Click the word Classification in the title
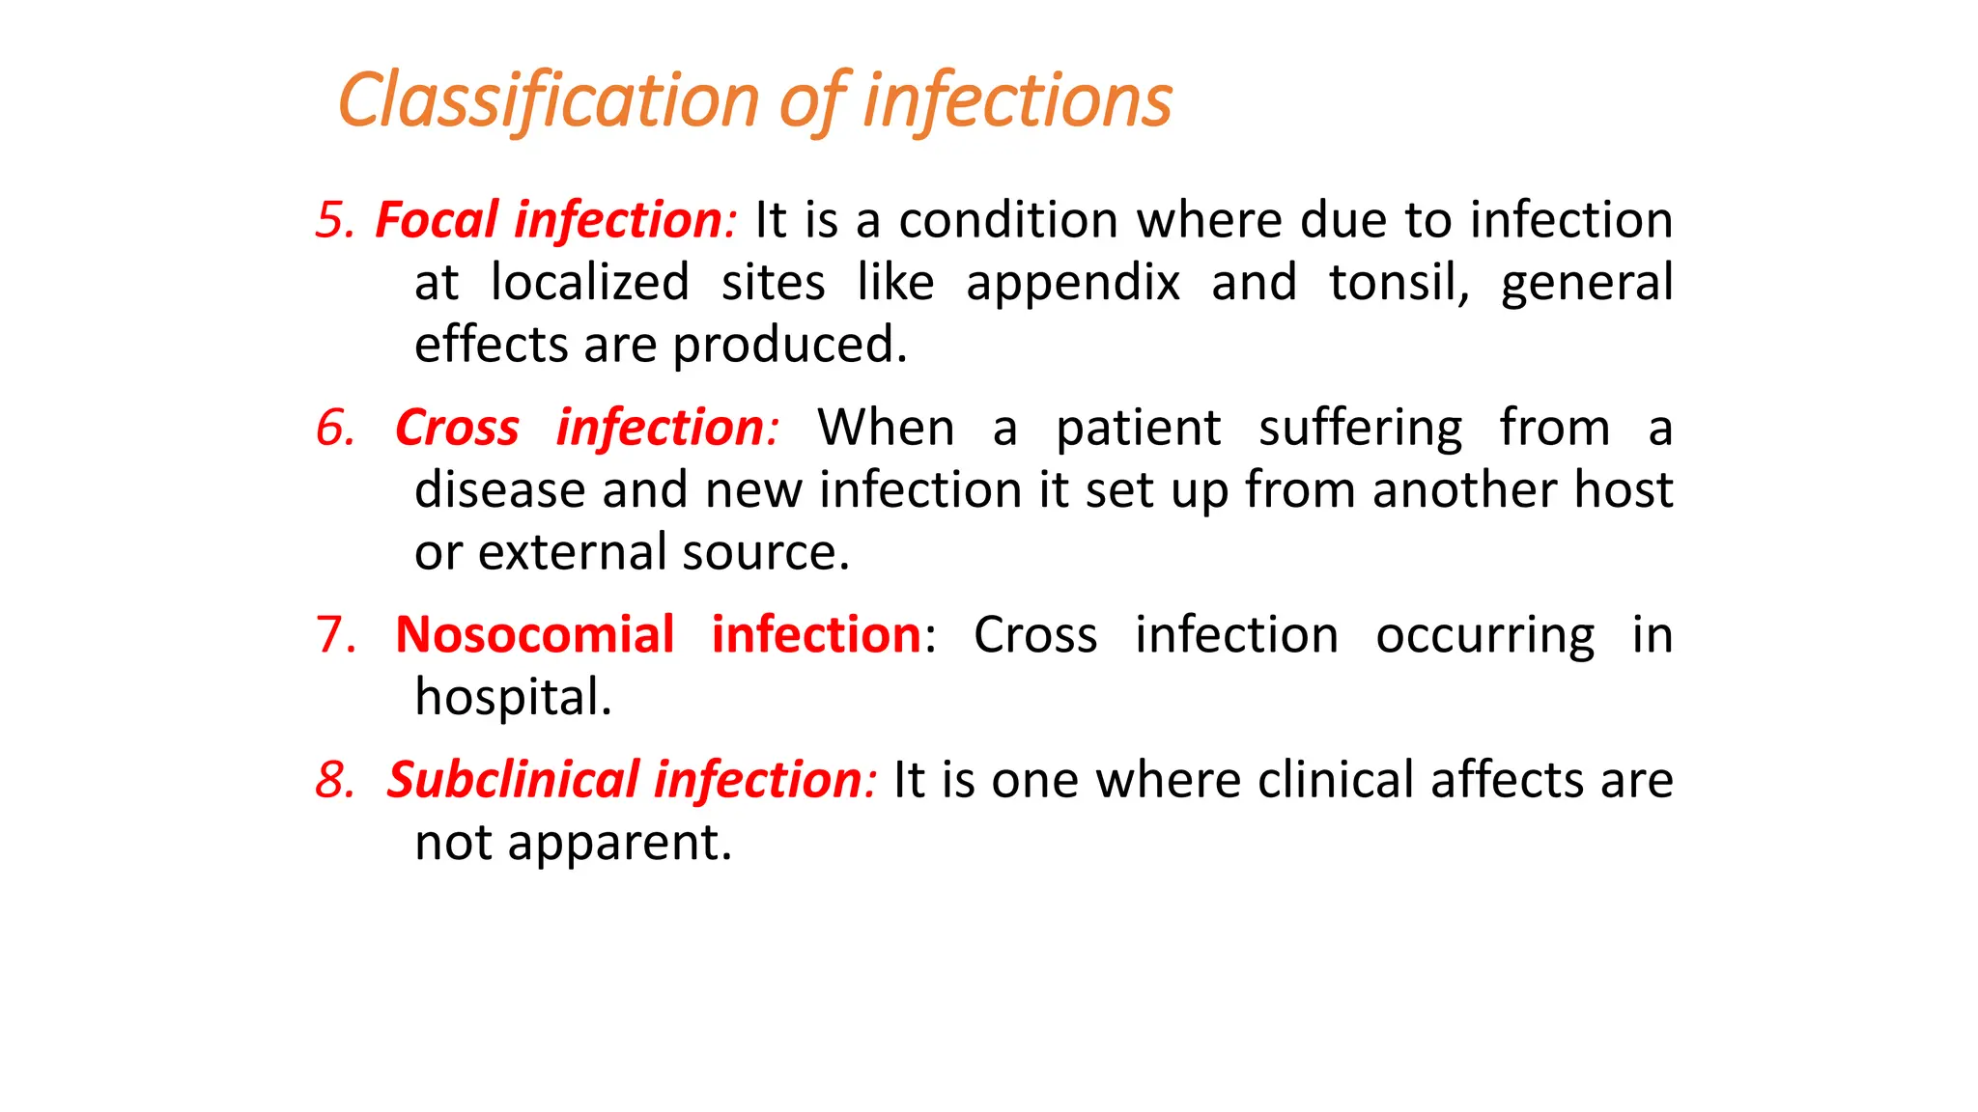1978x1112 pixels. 549,100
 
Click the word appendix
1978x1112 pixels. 1072,284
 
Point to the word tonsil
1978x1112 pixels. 1399,283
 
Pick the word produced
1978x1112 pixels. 790,346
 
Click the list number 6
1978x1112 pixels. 334,428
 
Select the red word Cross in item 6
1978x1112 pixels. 457,428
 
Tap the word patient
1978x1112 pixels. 1138,429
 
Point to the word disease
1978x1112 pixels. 499,490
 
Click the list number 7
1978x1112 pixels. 334,635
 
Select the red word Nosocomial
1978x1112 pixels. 534,635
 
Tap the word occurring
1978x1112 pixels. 1484,636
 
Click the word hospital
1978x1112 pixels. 513,697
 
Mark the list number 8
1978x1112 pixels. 334,780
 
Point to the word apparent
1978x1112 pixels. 619,843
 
